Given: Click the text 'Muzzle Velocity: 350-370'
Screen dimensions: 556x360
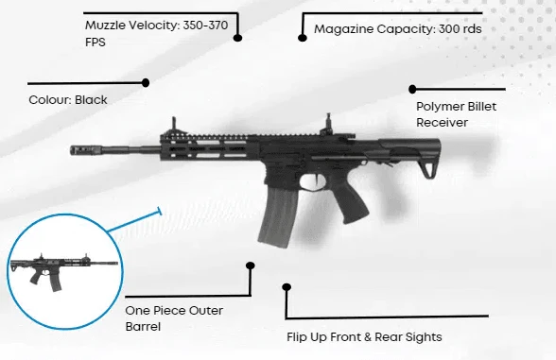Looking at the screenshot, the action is coord(156,26).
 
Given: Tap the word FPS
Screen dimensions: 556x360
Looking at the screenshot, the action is coord(96,43).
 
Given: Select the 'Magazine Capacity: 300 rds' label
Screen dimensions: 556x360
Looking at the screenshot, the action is coord(398,29).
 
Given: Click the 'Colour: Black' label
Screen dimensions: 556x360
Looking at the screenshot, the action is coord(68,100).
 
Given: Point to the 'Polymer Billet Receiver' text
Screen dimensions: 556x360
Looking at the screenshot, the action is coord(456,114).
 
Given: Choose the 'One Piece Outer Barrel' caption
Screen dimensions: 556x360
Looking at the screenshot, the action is coord(174,318).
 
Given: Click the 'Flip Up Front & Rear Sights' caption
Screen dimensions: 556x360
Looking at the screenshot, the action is coord(364,337).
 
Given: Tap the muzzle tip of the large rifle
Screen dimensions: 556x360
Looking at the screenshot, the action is coord(71,150).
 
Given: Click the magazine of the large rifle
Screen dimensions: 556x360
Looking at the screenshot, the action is coord(278,216).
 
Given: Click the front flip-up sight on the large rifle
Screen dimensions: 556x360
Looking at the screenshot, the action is coord(174,126).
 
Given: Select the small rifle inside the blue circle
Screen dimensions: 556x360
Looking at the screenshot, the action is coord(64,272).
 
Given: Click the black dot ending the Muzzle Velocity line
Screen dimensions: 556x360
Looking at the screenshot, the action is coord(237,38).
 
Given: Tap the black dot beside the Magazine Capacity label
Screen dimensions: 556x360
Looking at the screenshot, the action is coord(303,37).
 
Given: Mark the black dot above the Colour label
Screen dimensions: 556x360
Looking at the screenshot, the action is coord(146,82).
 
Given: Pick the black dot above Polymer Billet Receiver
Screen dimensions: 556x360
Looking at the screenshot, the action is coord(412,89).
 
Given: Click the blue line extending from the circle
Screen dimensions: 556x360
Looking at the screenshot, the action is coord(134,221).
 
